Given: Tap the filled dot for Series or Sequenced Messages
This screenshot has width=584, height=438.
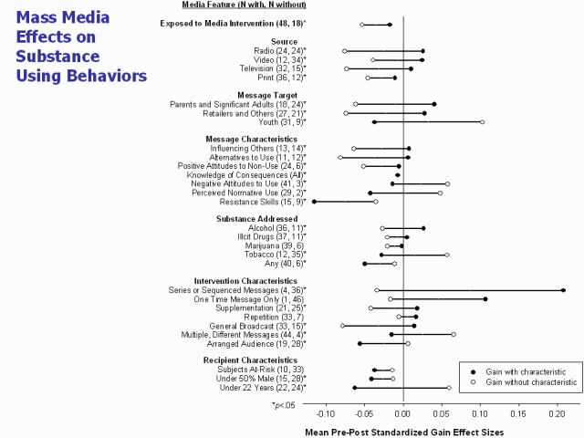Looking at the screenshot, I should tap(563, 290).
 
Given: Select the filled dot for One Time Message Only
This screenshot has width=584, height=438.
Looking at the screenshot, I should tap(485, 299).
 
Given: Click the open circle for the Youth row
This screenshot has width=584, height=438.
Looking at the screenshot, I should tap(483, 121).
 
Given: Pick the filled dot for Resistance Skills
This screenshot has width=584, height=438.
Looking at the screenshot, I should tap(314, 202).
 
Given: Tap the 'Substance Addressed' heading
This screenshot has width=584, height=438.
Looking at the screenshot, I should tap(256, 219).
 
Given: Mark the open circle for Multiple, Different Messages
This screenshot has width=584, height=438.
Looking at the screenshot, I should tap(454, 335).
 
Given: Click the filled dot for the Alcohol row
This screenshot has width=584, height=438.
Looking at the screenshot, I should tap(423, 228).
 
